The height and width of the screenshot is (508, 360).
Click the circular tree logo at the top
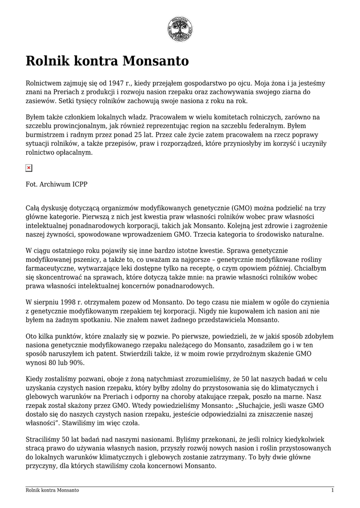[180, 29]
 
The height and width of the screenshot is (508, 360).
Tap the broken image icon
[29, 168]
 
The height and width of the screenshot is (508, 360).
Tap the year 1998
[70, 302]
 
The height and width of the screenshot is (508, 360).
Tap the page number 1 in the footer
[332, 490]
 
